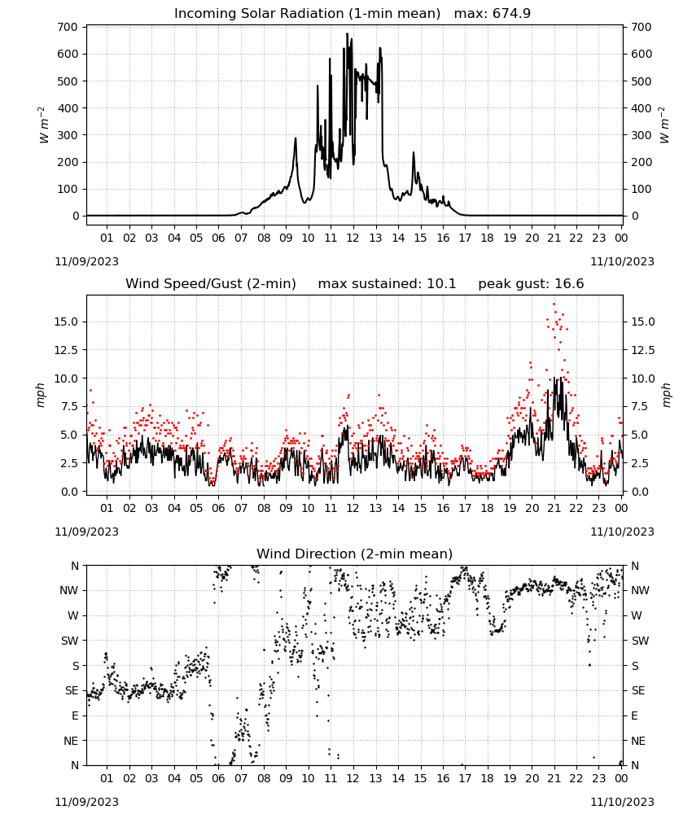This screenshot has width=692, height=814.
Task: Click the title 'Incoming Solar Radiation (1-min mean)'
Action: tap(307, 13)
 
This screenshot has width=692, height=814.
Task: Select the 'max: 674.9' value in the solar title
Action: tap(493, 13)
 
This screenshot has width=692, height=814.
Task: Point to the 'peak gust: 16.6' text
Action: tap(531, 283)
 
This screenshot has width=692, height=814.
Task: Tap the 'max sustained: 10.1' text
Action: tap(387, 283)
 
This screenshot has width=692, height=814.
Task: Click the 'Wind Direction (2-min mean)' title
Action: tap(355, 554)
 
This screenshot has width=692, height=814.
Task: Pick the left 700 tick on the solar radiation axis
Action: tap(68, 27)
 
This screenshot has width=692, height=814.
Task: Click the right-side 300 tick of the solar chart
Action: tap(642, 135)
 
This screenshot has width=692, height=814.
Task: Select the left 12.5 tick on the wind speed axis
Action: tap(67, 350)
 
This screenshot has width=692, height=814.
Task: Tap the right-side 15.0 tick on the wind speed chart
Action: tap(642, 322)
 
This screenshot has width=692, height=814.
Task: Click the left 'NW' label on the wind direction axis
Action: tap(69, 590)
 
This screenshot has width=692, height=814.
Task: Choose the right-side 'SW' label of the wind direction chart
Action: tap(640, 641)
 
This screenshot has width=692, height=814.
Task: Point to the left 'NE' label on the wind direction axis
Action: tap(71, 741)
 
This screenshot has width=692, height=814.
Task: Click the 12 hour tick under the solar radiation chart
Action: tap(353, 238)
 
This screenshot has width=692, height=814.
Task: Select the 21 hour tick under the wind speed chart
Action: tap(554, 508)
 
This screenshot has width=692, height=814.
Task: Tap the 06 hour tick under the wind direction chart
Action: tap(218, 778)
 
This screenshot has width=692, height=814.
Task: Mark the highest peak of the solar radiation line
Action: tap(348, 33)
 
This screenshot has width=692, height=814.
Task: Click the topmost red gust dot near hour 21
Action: tap(554, 304)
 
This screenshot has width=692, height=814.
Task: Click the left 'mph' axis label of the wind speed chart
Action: tap(41, 395)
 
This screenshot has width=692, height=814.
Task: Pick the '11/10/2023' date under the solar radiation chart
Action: tap(622, 261)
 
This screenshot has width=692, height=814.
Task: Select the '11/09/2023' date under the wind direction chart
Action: tap(86, 802)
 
